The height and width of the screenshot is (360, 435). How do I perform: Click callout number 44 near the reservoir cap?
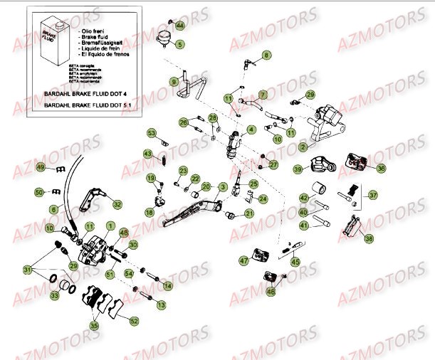(x=179, y=26)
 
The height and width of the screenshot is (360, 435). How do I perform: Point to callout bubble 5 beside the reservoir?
(x=179, y=44)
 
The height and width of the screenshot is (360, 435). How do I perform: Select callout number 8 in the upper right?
(x=267, y=55)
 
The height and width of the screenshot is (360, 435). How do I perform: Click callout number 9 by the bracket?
(x=173, y=82)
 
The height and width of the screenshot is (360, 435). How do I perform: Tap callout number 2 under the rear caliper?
(x=303, y=147)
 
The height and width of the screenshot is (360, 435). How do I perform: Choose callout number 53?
(x=152, y=133)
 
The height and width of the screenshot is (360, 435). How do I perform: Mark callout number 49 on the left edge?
(x=41, y=168)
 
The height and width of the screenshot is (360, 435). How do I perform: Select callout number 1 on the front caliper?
(x=109, y=226)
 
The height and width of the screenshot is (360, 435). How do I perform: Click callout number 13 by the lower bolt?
(x=161, y=305)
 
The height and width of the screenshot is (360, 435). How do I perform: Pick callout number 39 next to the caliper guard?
(x=298, y=169)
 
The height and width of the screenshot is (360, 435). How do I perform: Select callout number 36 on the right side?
(x=381, y=169)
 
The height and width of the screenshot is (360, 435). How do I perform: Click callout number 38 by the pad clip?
(x=368, y=240)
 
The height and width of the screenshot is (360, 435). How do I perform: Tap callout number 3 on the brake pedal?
(x=223, y=187)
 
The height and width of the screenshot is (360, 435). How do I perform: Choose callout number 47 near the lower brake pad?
(x=244, y=262)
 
